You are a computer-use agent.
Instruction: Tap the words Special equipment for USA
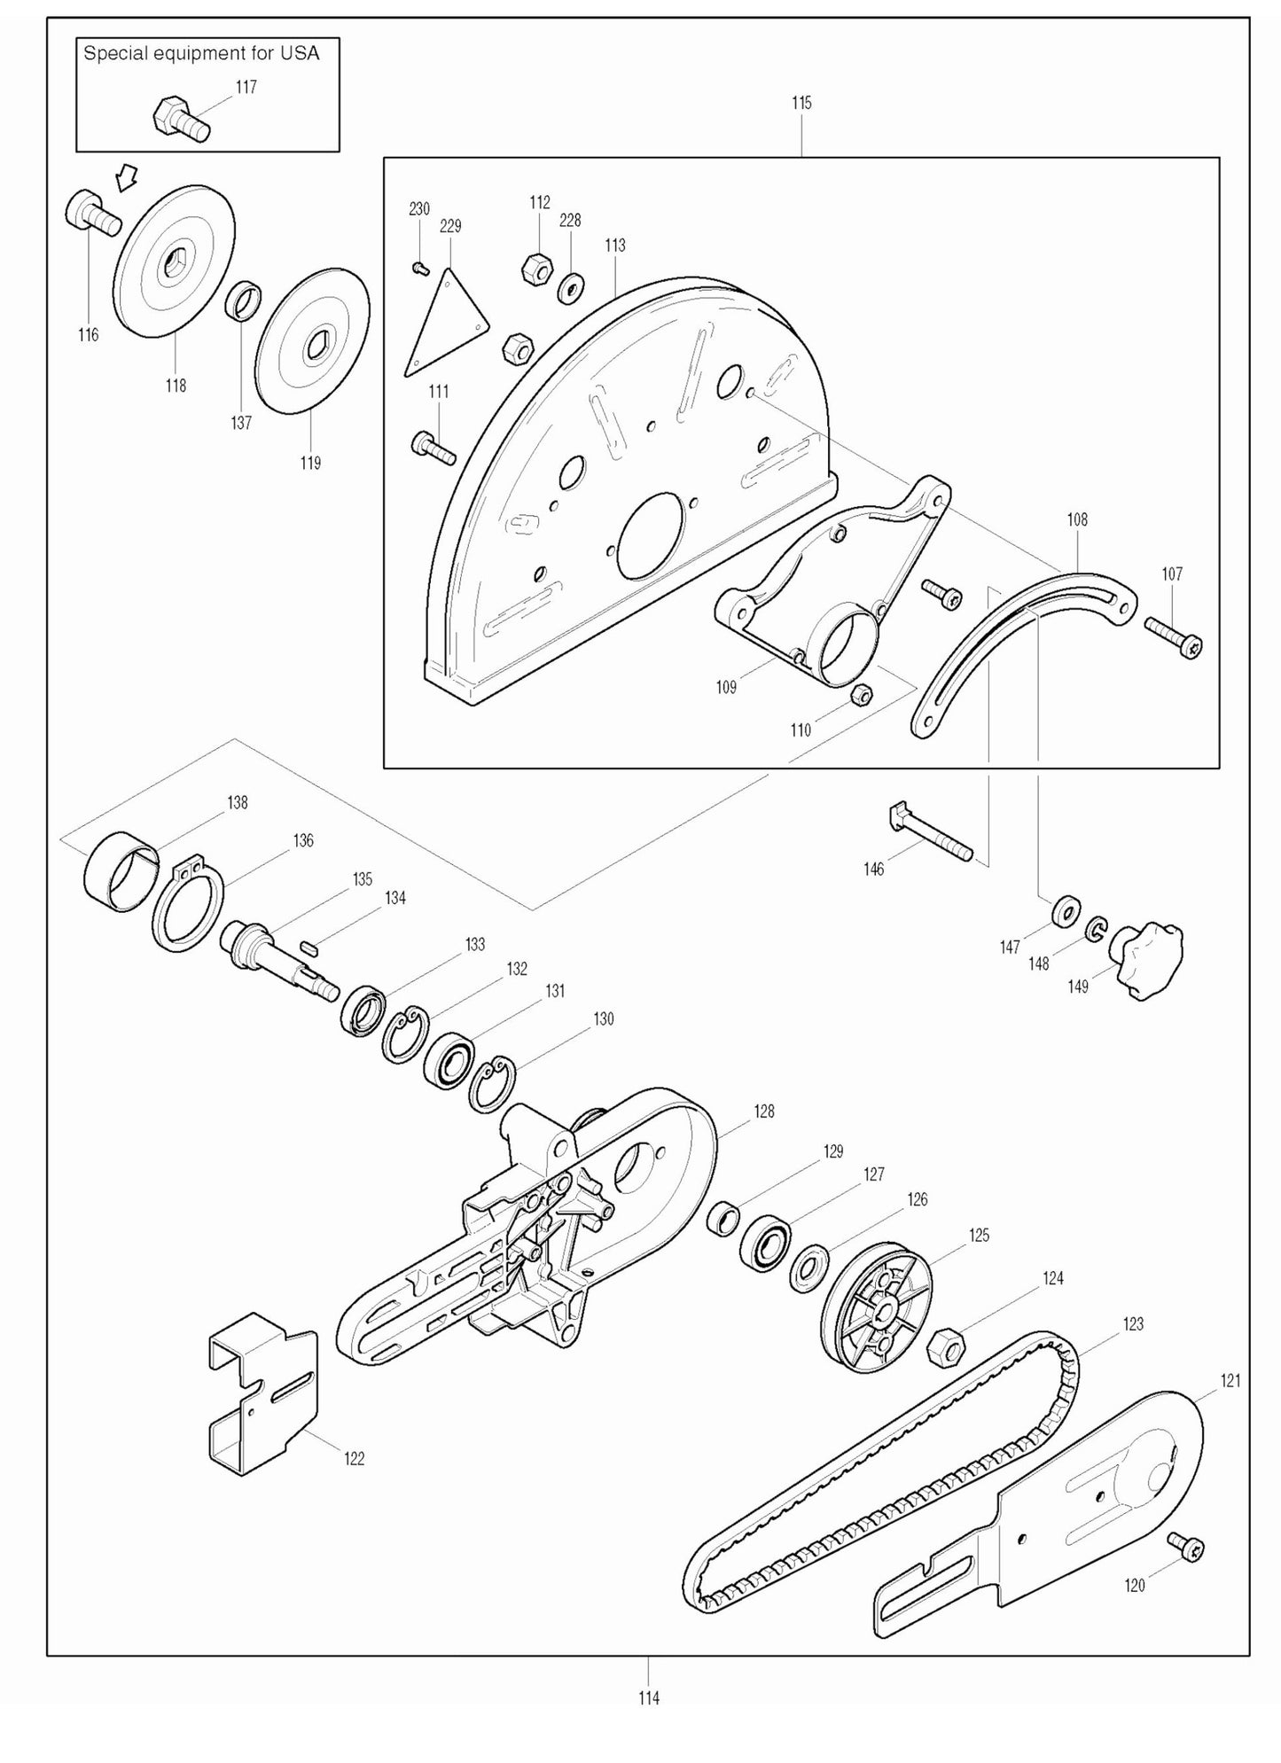[x=201, y=53]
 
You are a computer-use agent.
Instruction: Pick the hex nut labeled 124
[x=945, y=1348]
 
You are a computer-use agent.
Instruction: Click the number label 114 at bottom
[x=648, y=1698]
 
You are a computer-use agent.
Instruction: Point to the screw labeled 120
[x=1186, y=1547]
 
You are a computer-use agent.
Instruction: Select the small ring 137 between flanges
[x=245, y=301]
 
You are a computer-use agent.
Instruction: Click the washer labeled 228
[x=570, y=288]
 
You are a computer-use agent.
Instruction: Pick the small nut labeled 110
[x=858, y=695]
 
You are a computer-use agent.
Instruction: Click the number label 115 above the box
[x=801, y=103]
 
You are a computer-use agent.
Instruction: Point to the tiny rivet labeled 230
[x=421, y=267]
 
